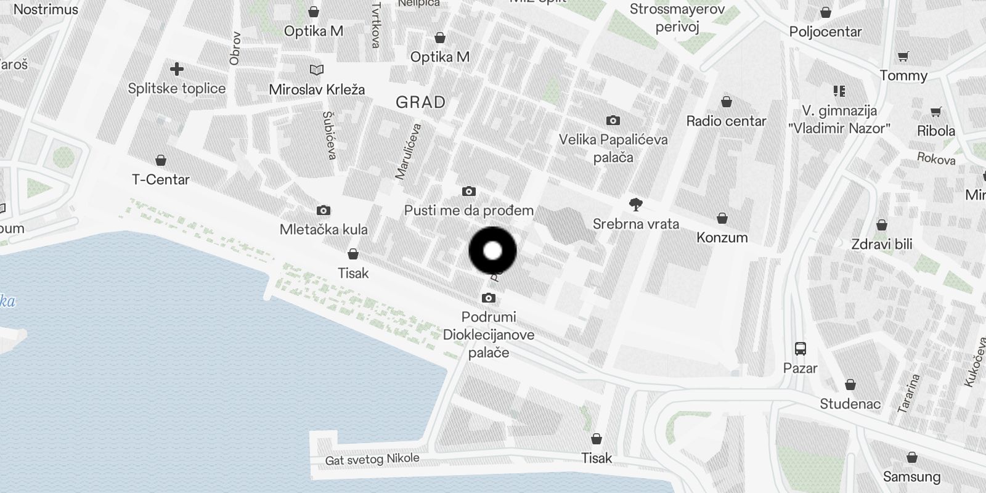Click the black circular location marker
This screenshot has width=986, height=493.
coord(492,251)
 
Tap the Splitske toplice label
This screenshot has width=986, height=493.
coord(177,88)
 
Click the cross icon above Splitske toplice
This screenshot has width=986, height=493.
coord(177,68)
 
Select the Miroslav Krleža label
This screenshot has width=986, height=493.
coord(317,89)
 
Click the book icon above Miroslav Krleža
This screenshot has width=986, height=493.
coord(317,70)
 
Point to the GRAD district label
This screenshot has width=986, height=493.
coord(420,102)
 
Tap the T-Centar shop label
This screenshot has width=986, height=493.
coord(161,179)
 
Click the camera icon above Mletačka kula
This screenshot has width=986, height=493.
coord(323,211)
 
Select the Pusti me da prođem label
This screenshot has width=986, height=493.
coord(468,210)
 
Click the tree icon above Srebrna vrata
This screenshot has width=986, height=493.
coord(635,205)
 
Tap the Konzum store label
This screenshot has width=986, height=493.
coord(722,237)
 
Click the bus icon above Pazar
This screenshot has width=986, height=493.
coord(800,349)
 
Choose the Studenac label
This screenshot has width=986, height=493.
coord(850,404)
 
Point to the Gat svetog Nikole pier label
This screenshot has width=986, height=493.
coord(372,459)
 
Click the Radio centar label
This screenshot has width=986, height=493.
coord(726,121)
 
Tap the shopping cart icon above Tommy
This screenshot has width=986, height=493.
coord(903,57)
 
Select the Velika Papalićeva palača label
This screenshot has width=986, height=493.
coord(613,148)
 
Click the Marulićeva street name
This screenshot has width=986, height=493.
coord(408,152)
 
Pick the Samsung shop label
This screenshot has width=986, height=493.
coord(911,476)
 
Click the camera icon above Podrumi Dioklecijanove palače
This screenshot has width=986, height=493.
coord(488,298)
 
